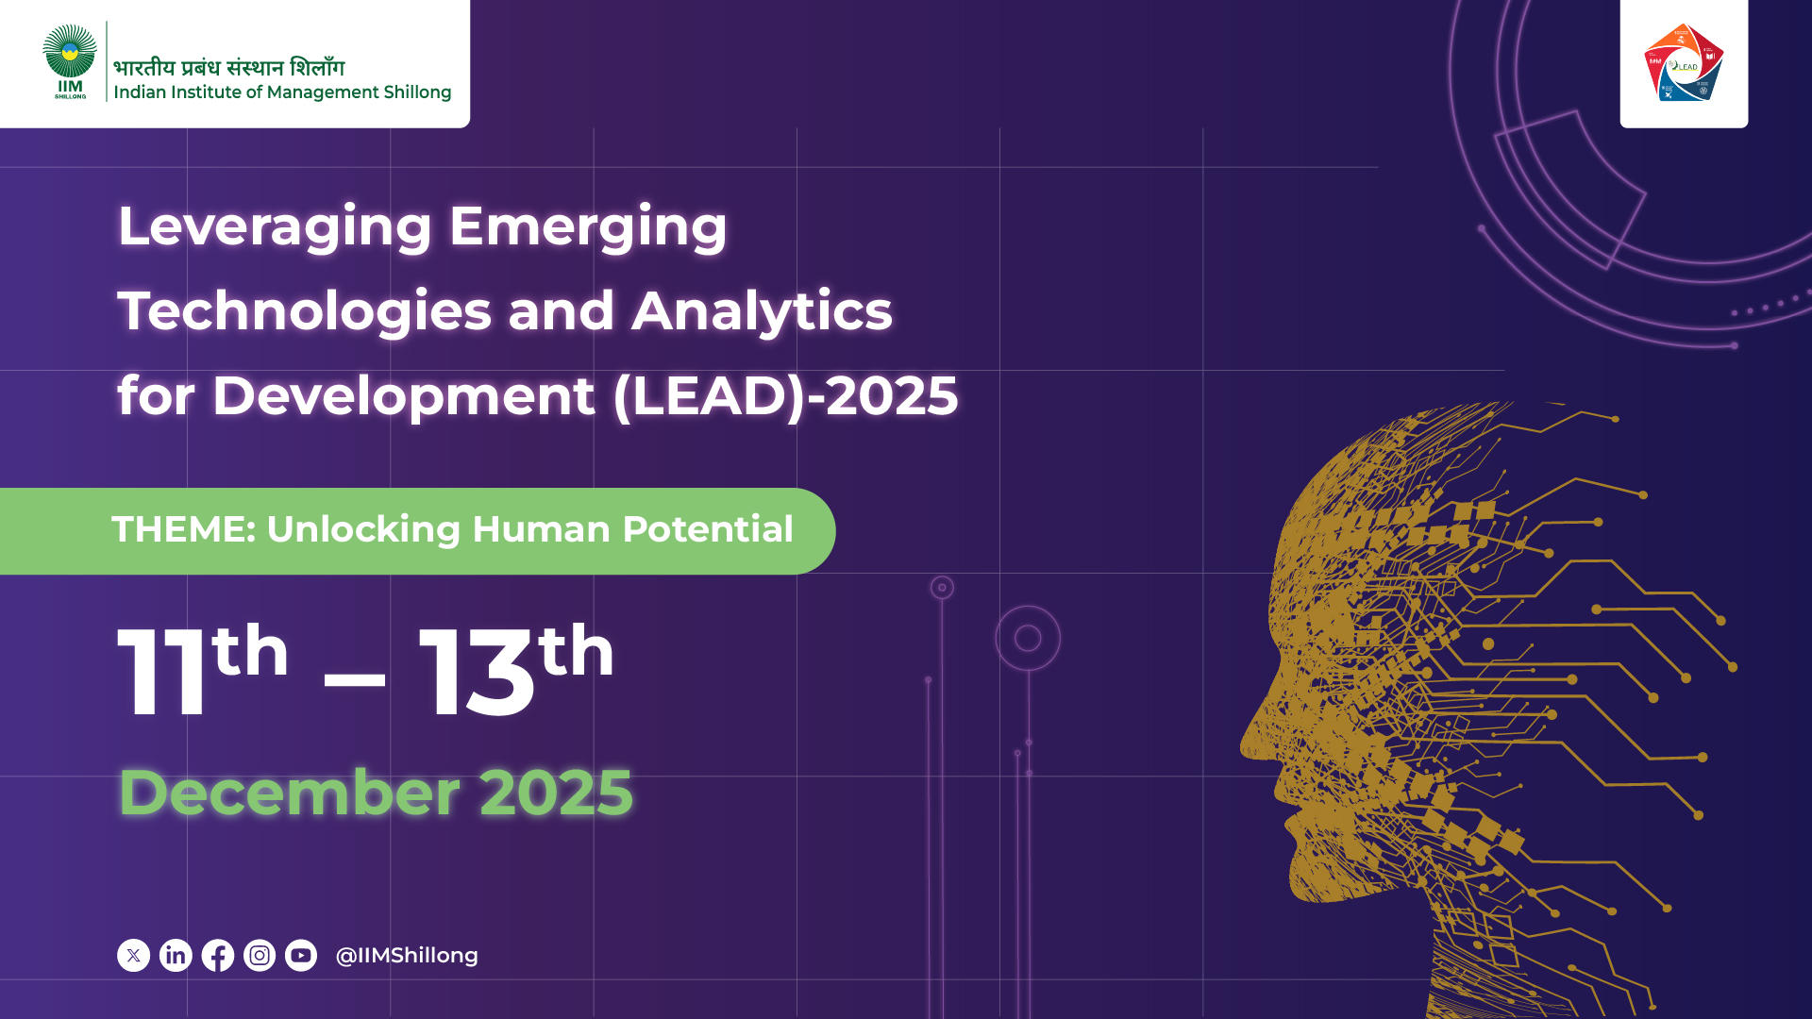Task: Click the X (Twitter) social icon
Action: click(x=133, y=956)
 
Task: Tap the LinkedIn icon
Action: click(x=176, y=956)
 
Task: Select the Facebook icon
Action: click(x=218, y=956)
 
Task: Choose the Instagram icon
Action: click(x=260, y=956)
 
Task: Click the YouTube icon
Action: click(x=301, y=956)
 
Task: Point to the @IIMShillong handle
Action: click(x=407, y=956)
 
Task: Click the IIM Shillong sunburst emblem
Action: click(x=70, y=51)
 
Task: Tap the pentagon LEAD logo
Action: click(x=1684, y=62)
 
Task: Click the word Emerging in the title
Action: click(x=588, y=228)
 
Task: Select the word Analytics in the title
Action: click(x=762, y=311)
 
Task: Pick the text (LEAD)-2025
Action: click(x=785, y=395)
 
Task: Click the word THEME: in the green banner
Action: click(x=184, y=529)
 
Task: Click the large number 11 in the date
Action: click(x=161, y=672)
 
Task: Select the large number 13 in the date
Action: click(x=478, y=672)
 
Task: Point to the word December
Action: click(x=290, y=793)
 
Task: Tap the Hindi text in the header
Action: click(x=229, y=67)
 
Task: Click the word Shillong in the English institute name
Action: click(x=417, y=92)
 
